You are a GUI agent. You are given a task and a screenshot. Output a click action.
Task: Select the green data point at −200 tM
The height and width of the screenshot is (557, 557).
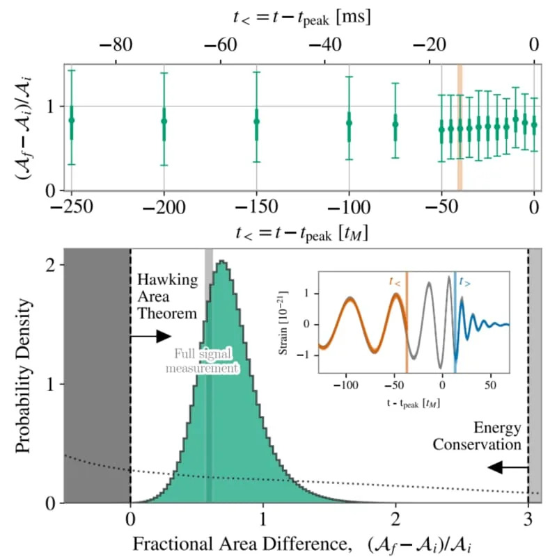click(164, 121)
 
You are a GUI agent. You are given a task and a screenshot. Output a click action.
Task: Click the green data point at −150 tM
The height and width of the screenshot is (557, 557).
click(256, 121)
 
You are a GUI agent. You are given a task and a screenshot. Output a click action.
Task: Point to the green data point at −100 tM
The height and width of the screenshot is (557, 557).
click(349, 123)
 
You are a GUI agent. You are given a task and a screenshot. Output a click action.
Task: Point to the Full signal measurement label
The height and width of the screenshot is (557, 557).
click(203, 361)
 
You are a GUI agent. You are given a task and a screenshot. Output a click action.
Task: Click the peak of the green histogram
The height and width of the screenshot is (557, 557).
click(221, 262)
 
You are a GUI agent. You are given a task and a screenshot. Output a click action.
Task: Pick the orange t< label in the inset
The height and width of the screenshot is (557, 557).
click(396, 282)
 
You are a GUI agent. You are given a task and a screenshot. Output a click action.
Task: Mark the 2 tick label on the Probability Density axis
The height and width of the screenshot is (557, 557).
click(51, 265)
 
